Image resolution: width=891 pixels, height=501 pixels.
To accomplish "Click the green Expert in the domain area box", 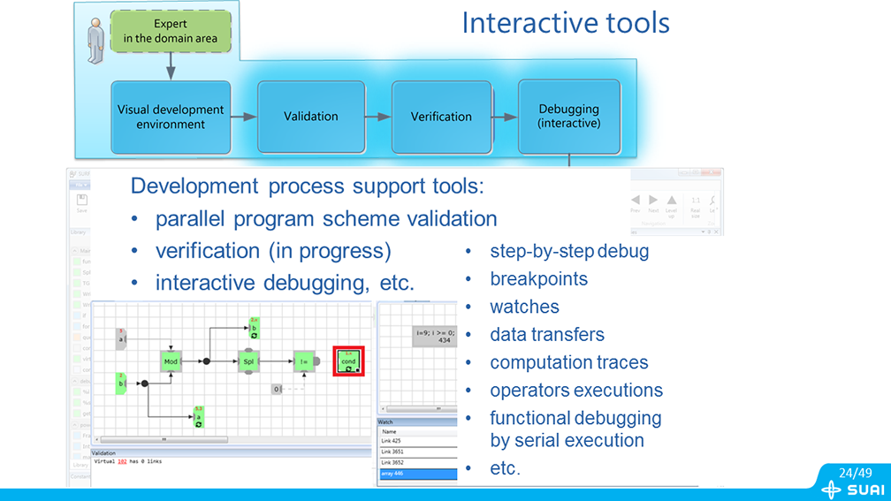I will (x=171, y=31).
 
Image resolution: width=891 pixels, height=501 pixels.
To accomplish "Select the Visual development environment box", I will (x=171, y=117).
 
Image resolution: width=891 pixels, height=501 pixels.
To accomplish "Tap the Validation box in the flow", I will (x=311, y=117).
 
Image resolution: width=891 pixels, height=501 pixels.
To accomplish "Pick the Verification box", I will (x=441, y=117).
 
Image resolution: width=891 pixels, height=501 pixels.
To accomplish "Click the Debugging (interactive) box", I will (x=569, y=117).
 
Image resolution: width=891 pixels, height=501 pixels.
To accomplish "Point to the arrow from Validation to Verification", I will (x=378, y=117).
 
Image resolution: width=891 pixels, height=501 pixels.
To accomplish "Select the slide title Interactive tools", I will (x=566, y=23).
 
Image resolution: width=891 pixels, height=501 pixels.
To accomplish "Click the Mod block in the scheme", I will (x=171, y=361).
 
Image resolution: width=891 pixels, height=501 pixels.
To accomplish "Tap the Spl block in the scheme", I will (x=249, y=361).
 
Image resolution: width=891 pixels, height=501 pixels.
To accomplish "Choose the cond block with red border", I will (x=348, y=361).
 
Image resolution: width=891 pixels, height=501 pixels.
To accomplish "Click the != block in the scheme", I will (x=304, y=361).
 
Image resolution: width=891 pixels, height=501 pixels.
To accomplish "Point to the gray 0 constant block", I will (x=277, y=389).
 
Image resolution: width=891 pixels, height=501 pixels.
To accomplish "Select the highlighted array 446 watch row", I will (x=417, y=474).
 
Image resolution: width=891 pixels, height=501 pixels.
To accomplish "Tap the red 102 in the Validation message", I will (x=123, y=461).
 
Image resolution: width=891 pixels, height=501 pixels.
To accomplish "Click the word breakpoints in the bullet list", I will (x=538, y=279).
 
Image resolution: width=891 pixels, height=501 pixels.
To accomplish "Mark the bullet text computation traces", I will (x=568, y=362).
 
